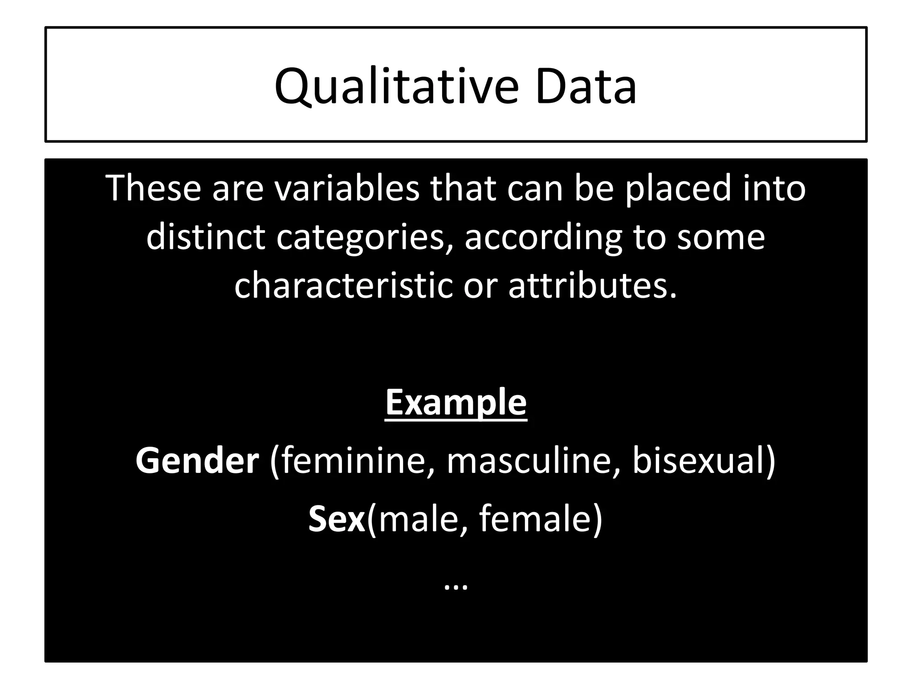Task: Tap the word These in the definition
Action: [x=153, y=188]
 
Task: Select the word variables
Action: [x=346, y=188]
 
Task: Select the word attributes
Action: [x=592, y=285]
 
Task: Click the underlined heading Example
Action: [x=456, y=403]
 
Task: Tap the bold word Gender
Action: [x=197, y=460]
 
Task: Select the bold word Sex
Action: [x=337, y=519]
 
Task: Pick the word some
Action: [x=721, y=237]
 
